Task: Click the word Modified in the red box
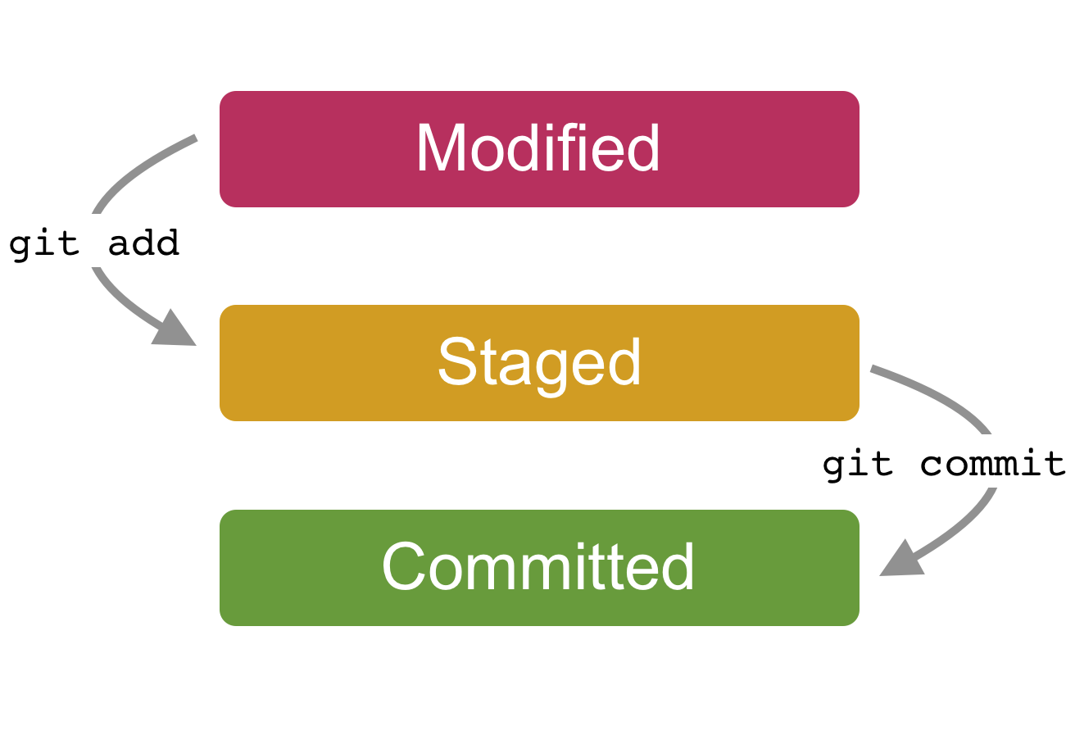point(538,149)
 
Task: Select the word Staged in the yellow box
point(539,363)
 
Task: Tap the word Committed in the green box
point(538,567)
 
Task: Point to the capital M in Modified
point(441,149)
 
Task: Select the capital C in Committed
point(403,567)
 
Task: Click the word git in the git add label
point(43,244)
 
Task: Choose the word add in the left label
point(143,243)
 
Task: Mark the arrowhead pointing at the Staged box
point(175,330)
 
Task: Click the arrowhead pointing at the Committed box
point(900,560)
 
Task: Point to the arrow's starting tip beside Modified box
point(195,138)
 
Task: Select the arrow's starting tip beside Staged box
point(873,369)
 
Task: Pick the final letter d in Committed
point(677,567)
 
